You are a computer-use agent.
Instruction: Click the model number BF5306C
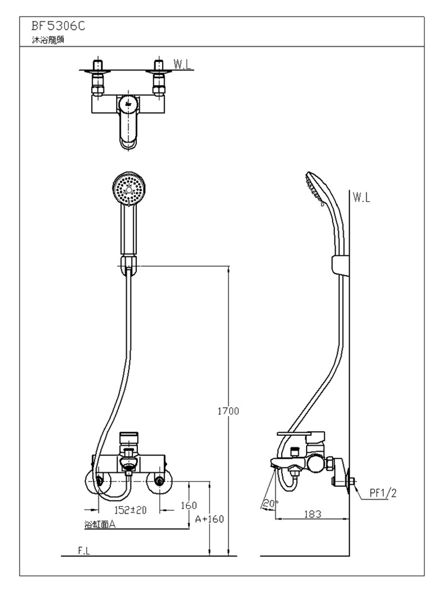coord(59,26)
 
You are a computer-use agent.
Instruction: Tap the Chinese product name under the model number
coord(48,40)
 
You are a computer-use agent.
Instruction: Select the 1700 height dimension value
coord(228,411)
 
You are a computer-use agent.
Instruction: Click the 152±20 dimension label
coord(130,510)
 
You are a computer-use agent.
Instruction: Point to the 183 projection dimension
coord(313,514)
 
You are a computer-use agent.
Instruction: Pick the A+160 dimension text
coord(210,519)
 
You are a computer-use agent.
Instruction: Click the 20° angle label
coord(269,504)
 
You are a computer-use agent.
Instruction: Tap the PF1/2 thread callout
coord(383,493)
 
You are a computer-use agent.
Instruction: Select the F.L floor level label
coord(84,551)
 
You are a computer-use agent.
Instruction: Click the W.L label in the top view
coord(182,64)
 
